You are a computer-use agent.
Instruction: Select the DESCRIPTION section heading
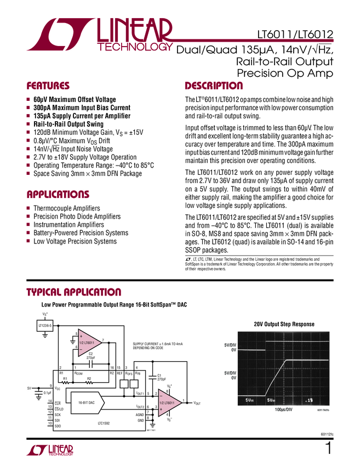point(213,86)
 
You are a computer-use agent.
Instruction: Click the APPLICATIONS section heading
point(58,195)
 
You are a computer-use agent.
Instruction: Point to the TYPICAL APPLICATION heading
point(74,292)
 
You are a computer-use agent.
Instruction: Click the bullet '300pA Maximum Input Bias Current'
point(82,108)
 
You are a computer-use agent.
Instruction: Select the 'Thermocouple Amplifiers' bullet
point(66,209)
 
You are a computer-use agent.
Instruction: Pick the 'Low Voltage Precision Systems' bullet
point(75,241)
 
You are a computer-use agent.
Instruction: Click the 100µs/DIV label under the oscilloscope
point(283,425)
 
